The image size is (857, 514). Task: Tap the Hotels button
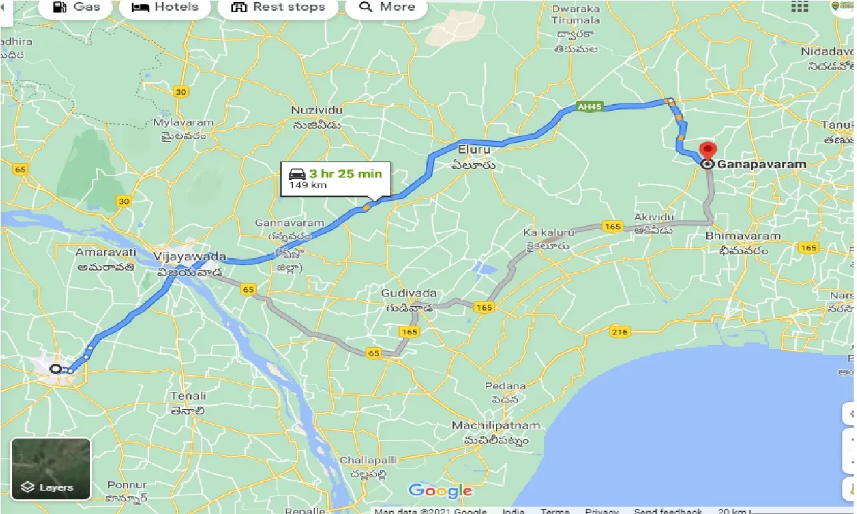(165, 7)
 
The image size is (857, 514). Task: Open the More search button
(387, 7)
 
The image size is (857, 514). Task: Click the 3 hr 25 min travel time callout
(335, 179)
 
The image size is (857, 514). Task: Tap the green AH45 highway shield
(587, 107)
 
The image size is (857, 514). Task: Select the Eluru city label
(474, 150)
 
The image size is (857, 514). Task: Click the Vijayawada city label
(190, 257)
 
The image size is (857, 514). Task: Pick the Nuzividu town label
(316, 110)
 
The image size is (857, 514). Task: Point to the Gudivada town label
(408, 294)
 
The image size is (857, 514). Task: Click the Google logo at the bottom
(441, 491)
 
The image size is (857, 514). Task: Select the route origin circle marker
(56, 368)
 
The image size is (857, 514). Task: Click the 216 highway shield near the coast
(620, 332)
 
